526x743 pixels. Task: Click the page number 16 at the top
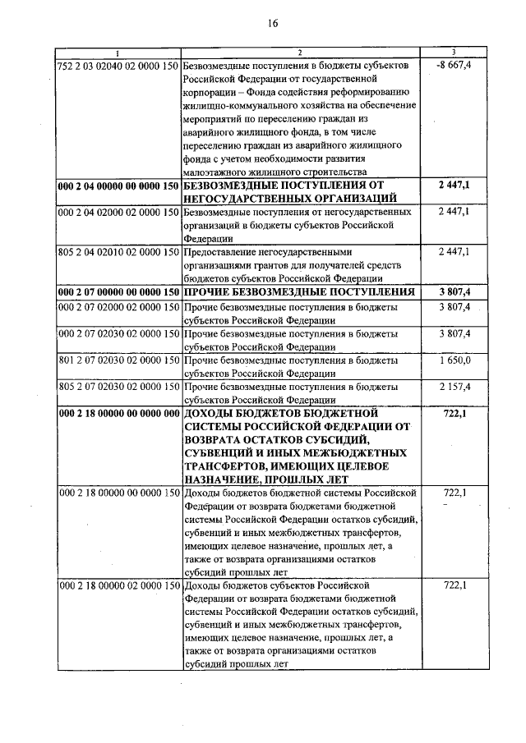click(x=273, y=24)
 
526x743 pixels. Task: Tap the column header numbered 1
click(x=118, y=53)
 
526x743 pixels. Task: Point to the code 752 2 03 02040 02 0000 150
click(x=118, y=65)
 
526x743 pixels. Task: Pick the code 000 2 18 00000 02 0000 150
click(x=118, y=586)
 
